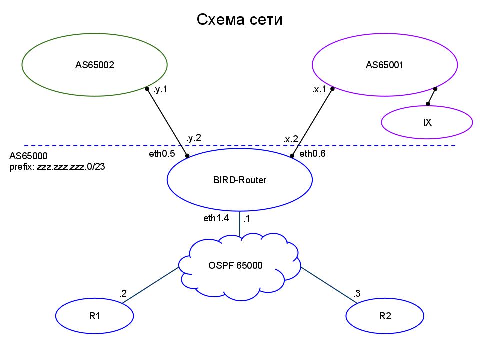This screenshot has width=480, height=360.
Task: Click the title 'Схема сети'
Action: coord(239,20)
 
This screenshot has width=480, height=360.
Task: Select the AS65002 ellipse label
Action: coord(95,65)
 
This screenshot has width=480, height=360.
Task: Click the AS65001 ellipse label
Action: coord(385,65)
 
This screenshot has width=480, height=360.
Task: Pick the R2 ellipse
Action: coord(385,316)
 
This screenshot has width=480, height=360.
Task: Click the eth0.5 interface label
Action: coord(162,154)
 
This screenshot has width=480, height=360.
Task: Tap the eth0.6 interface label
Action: coord(313,154)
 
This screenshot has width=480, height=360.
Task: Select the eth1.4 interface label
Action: coord(216,218)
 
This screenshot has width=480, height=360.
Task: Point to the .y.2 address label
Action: coord(194,138)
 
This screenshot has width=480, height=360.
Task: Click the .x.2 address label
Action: coord(291,139)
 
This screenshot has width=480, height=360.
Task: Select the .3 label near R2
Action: coord(356,294)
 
